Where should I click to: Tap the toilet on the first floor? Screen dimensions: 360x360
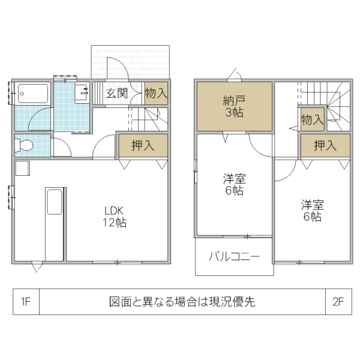click(25, 145)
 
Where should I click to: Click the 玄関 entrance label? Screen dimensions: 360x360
click(117, 93)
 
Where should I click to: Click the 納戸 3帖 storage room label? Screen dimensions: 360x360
click(234, 106)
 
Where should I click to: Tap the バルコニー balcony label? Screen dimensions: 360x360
click(234, 257)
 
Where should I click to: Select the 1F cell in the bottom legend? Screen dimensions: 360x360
click(26, 302)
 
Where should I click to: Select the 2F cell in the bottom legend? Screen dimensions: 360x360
click(338, 302)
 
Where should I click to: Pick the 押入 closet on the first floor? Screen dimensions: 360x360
click(142, 145)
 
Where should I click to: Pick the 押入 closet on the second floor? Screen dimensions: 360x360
click(325, 145)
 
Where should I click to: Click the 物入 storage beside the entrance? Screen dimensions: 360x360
click(156, 93)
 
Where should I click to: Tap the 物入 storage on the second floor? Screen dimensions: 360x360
click(312, 119)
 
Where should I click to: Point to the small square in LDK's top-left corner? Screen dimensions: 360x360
click(22, 168)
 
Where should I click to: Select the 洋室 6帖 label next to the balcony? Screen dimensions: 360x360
click(234, 185)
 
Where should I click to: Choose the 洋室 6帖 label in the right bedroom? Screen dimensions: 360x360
click(312, 211)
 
